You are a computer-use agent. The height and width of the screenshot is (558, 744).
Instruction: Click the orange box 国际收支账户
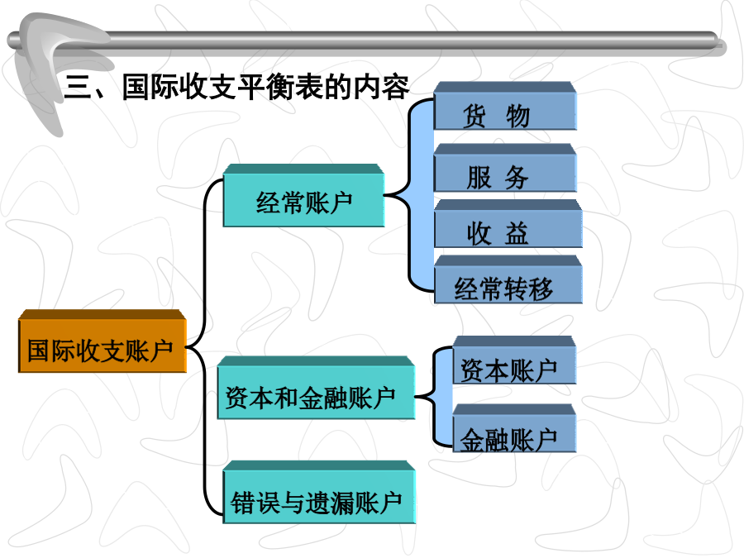[x=102, y=341]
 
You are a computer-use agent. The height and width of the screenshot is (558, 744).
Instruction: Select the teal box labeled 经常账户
[x=303, y=195]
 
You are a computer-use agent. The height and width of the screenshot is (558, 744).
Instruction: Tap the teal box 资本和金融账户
[x=316, y=388]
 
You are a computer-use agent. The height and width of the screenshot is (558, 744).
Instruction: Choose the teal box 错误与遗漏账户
[x=319, y=492]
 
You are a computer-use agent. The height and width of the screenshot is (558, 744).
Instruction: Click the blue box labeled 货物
[x=505, y=106]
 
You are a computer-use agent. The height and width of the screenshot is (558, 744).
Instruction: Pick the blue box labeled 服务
[x=505, y=168]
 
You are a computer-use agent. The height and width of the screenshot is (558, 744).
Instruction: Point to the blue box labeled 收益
[x=508, y=223]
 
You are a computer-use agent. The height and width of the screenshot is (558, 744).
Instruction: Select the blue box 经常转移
[x=508, y=279]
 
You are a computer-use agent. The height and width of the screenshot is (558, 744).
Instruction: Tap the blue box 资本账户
[x=514, y=360]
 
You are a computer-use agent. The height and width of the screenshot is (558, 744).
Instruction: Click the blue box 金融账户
[x=514, y=428]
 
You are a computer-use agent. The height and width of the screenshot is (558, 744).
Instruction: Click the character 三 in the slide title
[x=79, y=87]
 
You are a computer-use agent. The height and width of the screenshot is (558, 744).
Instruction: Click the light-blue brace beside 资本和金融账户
[x=436, y=396]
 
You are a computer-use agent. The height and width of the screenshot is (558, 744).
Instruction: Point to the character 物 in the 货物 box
[x=517, y=117]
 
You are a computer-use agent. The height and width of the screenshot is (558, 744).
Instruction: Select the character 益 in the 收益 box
[x=516, y=233]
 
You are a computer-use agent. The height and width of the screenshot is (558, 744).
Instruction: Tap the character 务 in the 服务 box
[x=516, y=178]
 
